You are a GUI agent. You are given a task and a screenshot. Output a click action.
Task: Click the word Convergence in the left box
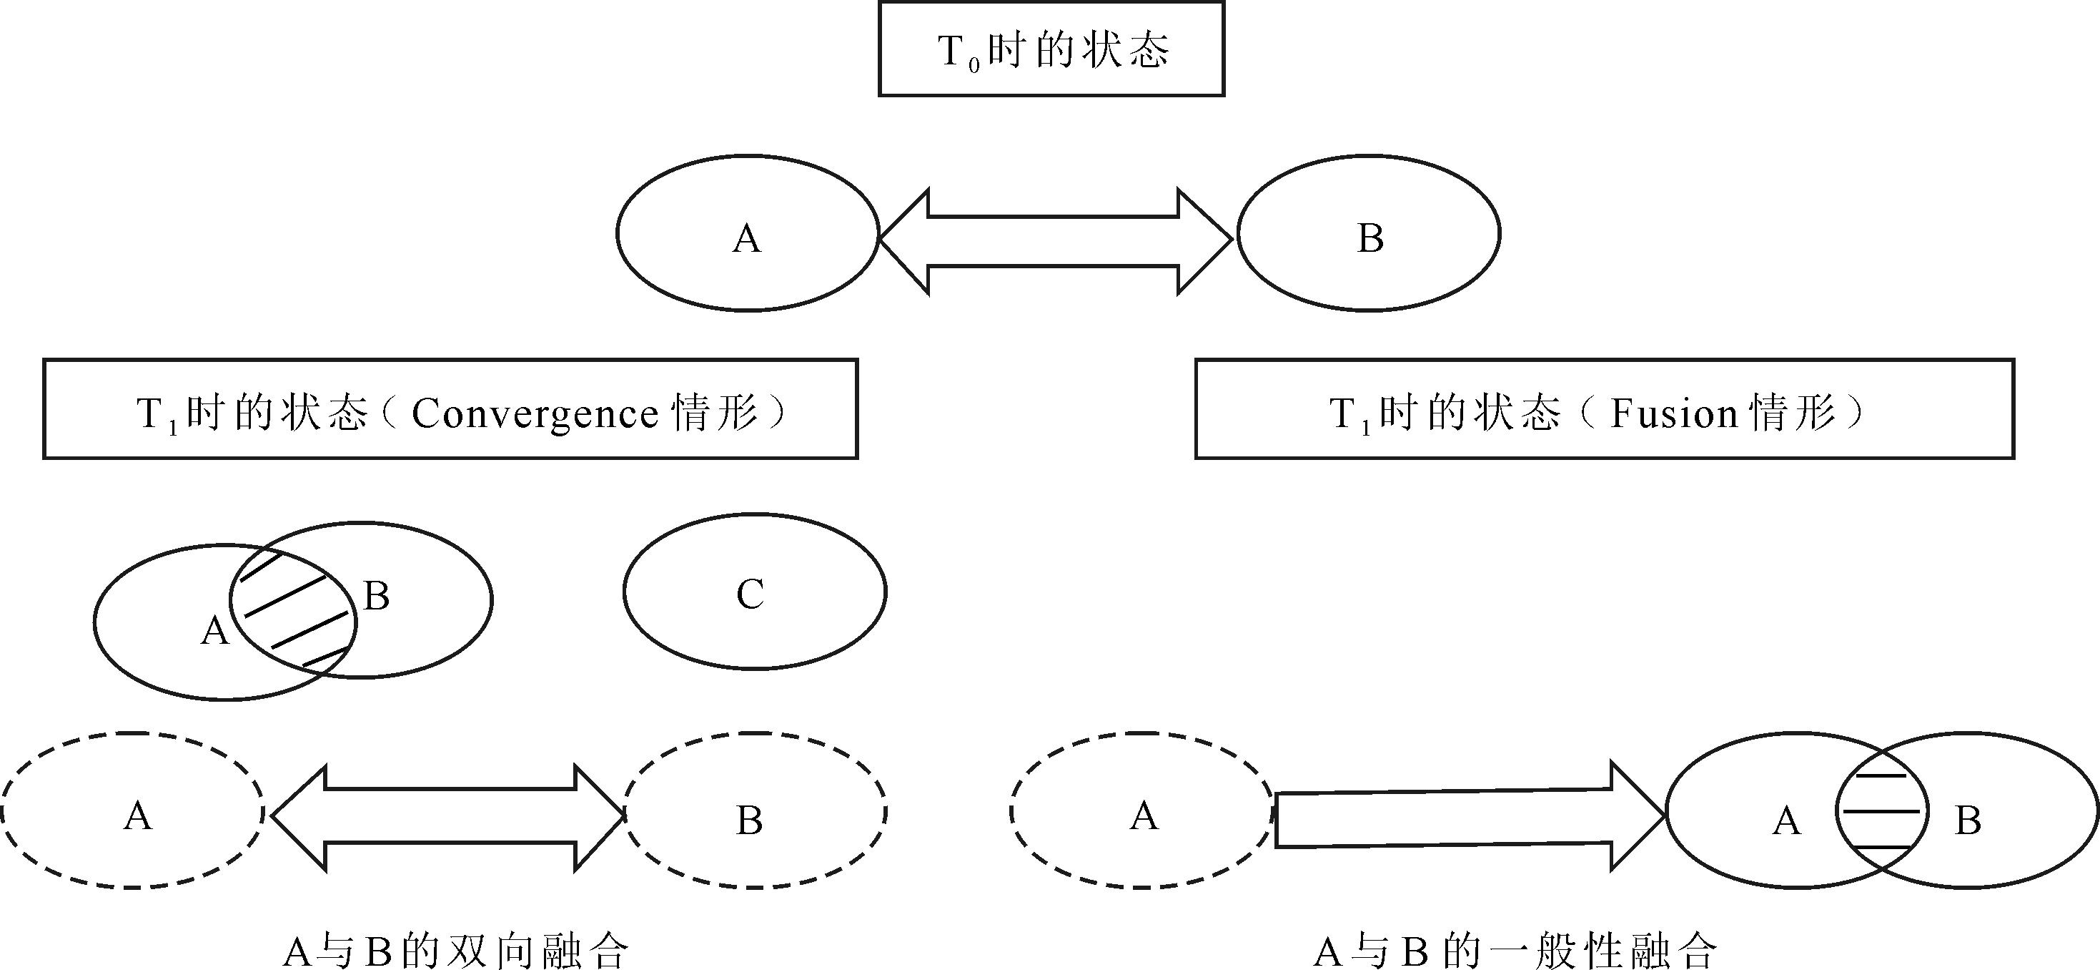tap(535, 413)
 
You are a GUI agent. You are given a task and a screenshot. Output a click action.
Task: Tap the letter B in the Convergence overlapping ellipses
tap(376, 597)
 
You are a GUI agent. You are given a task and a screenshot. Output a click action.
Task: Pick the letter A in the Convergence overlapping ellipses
tap(214, 631)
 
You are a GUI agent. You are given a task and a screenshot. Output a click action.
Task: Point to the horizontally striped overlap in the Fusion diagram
tap(1881, 812)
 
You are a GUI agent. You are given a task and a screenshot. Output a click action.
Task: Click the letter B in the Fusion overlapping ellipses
tap(1968, 820)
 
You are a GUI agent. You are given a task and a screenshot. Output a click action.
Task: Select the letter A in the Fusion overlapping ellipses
tap(1786, 820)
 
